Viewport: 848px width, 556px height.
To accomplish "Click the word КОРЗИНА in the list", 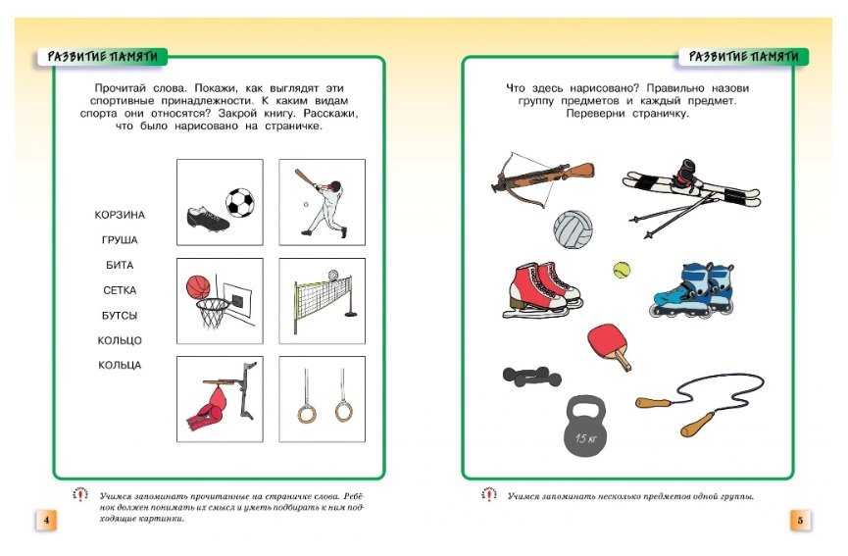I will pos(120,215).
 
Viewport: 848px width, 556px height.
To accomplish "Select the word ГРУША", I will pos(120,239).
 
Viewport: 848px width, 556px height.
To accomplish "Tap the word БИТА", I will pos(120,265).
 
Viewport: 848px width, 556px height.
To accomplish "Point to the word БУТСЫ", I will pos(120,316).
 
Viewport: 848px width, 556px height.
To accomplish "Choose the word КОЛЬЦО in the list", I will pos(120,340).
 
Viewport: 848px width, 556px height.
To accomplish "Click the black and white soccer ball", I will pos(239,202).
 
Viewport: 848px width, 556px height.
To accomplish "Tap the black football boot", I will pos(206,217).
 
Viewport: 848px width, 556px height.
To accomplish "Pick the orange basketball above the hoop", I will pos(198,286).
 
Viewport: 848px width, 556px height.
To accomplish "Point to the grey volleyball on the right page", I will pos(573,229).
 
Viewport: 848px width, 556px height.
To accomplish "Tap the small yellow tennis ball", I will pos(621,268).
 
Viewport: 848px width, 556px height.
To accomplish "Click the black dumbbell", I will pos(531,377).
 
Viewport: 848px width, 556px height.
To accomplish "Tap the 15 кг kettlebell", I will pos(588,428).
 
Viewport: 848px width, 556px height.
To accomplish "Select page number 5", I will pos(800,521).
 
